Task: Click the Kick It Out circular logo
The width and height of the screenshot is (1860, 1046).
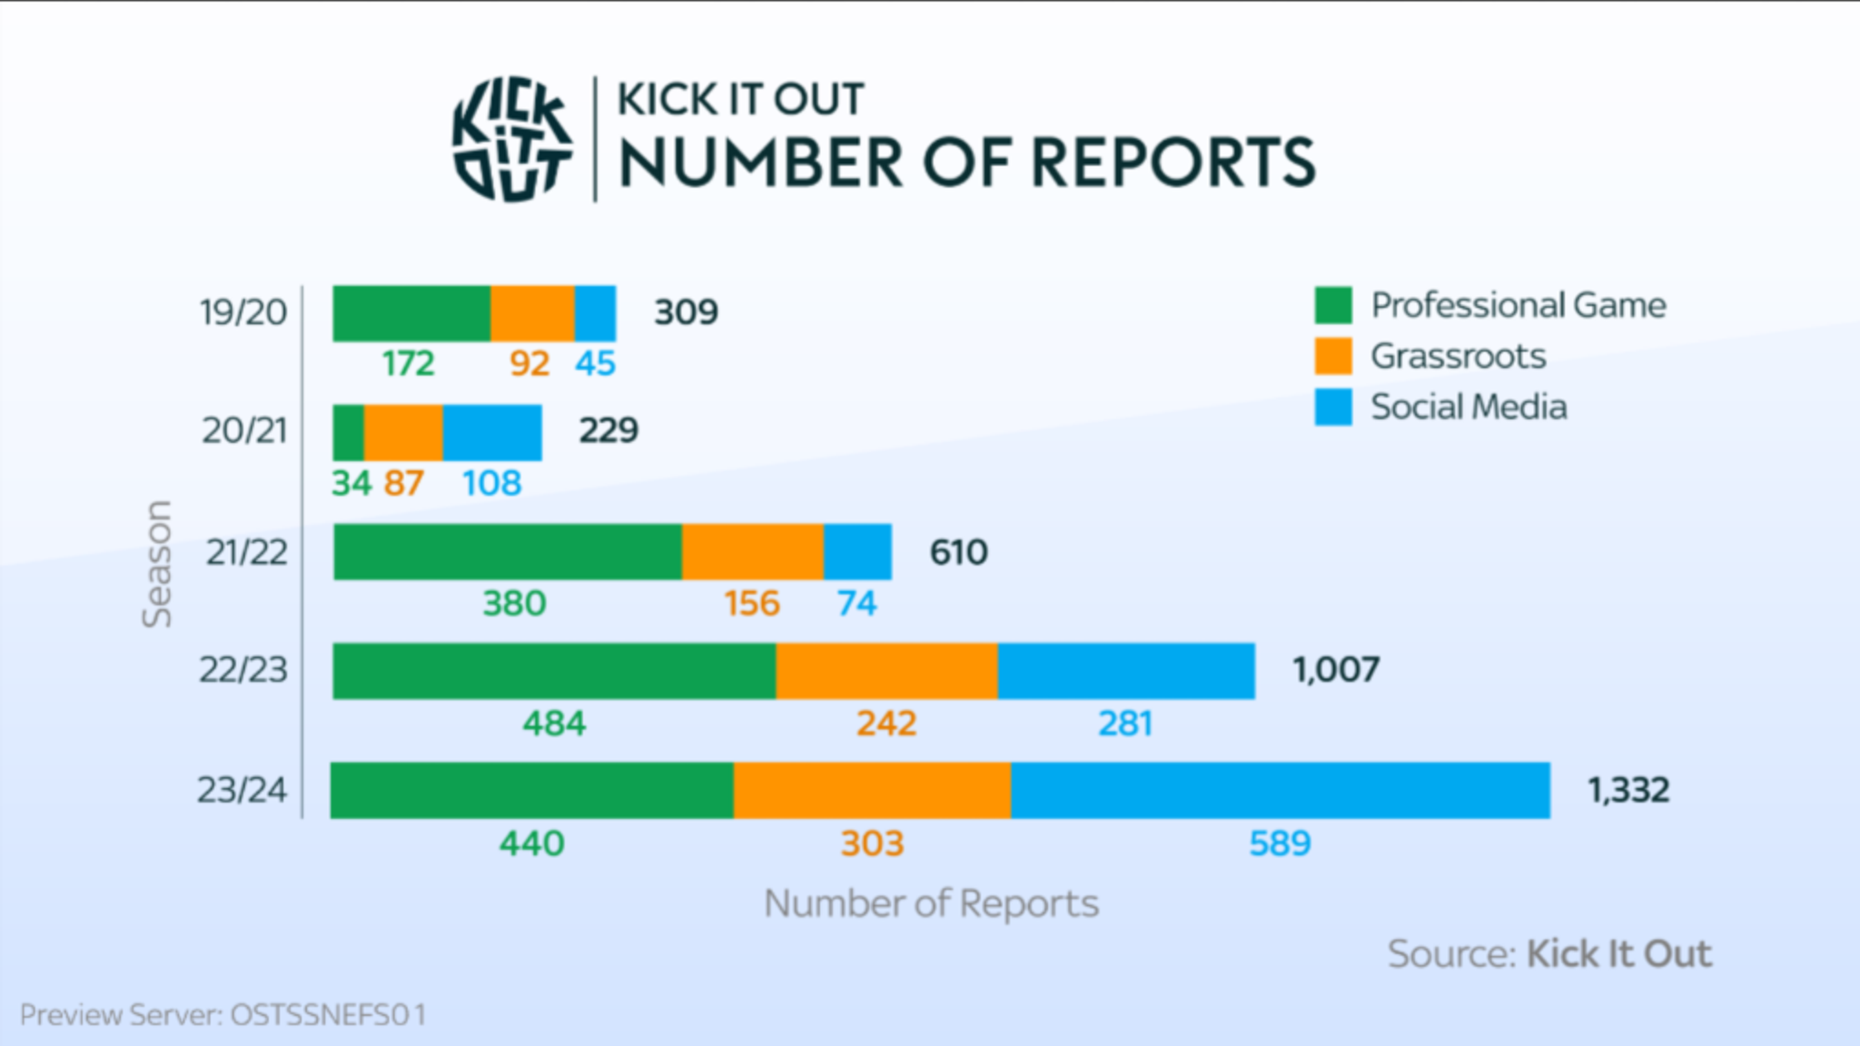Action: pyautogui.click(x=513, y=139)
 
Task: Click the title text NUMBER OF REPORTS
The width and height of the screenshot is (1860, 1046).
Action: pyautogui.click(x=966, y=163)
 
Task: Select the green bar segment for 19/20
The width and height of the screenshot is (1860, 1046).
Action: pyautogui.click(x=411, y=314)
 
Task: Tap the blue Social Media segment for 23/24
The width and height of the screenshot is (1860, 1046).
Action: pyautogui.click(x=1280, y=791)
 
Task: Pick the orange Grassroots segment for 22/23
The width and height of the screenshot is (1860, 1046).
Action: pyautogui.click(x=886, y=672)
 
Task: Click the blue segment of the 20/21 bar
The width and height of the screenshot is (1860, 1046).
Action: pyautogui.click(x=492, y=433)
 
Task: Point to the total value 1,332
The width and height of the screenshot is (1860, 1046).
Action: pyautogui.click(x=1628, y=790)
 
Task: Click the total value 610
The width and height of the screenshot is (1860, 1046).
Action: pyautogui.click(x=958, y=552)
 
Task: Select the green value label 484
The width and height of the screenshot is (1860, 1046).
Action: pyautogui.click(x=554, y=724)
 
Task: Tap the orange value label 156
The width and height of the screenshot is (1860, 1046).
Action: pyautogui.click(x=752, y=604)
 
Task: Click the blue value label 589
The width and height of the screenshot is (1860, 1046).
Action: pyautogui.click(x=1280, y=844)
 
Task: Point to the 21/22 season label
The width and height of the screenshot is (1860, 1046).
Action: pyautogui.click(x=246, y=552)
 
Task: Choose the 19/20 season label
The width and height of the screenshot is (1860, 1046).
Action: pyautogui.click(x=243, y=312)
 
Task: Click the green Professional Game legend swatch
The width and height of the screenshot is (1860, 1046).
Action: pyautogui.click(x=1332, y=305)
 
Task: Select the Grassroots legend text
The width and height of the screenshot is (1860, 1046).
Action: pyautogui.click(x=1458, y=356)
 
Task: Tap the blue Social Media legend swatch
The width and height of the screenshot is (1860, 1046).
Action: pyautogui.click(x=1332, y=407)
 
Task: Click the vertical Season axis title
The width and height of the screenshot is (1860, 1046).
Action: pyautogui.click(x=157, y=564)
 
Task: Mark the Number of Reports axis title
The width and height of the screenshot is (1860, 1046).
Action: pyautogui.click(x=931, y=903)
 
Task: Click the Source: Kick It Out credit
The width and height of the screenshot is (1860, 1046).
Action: pyautogui.click(x=1548, y=954)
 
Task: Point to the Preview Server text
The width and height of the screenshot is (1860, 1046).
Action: pyautogui.click(x=223, y=1014)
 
